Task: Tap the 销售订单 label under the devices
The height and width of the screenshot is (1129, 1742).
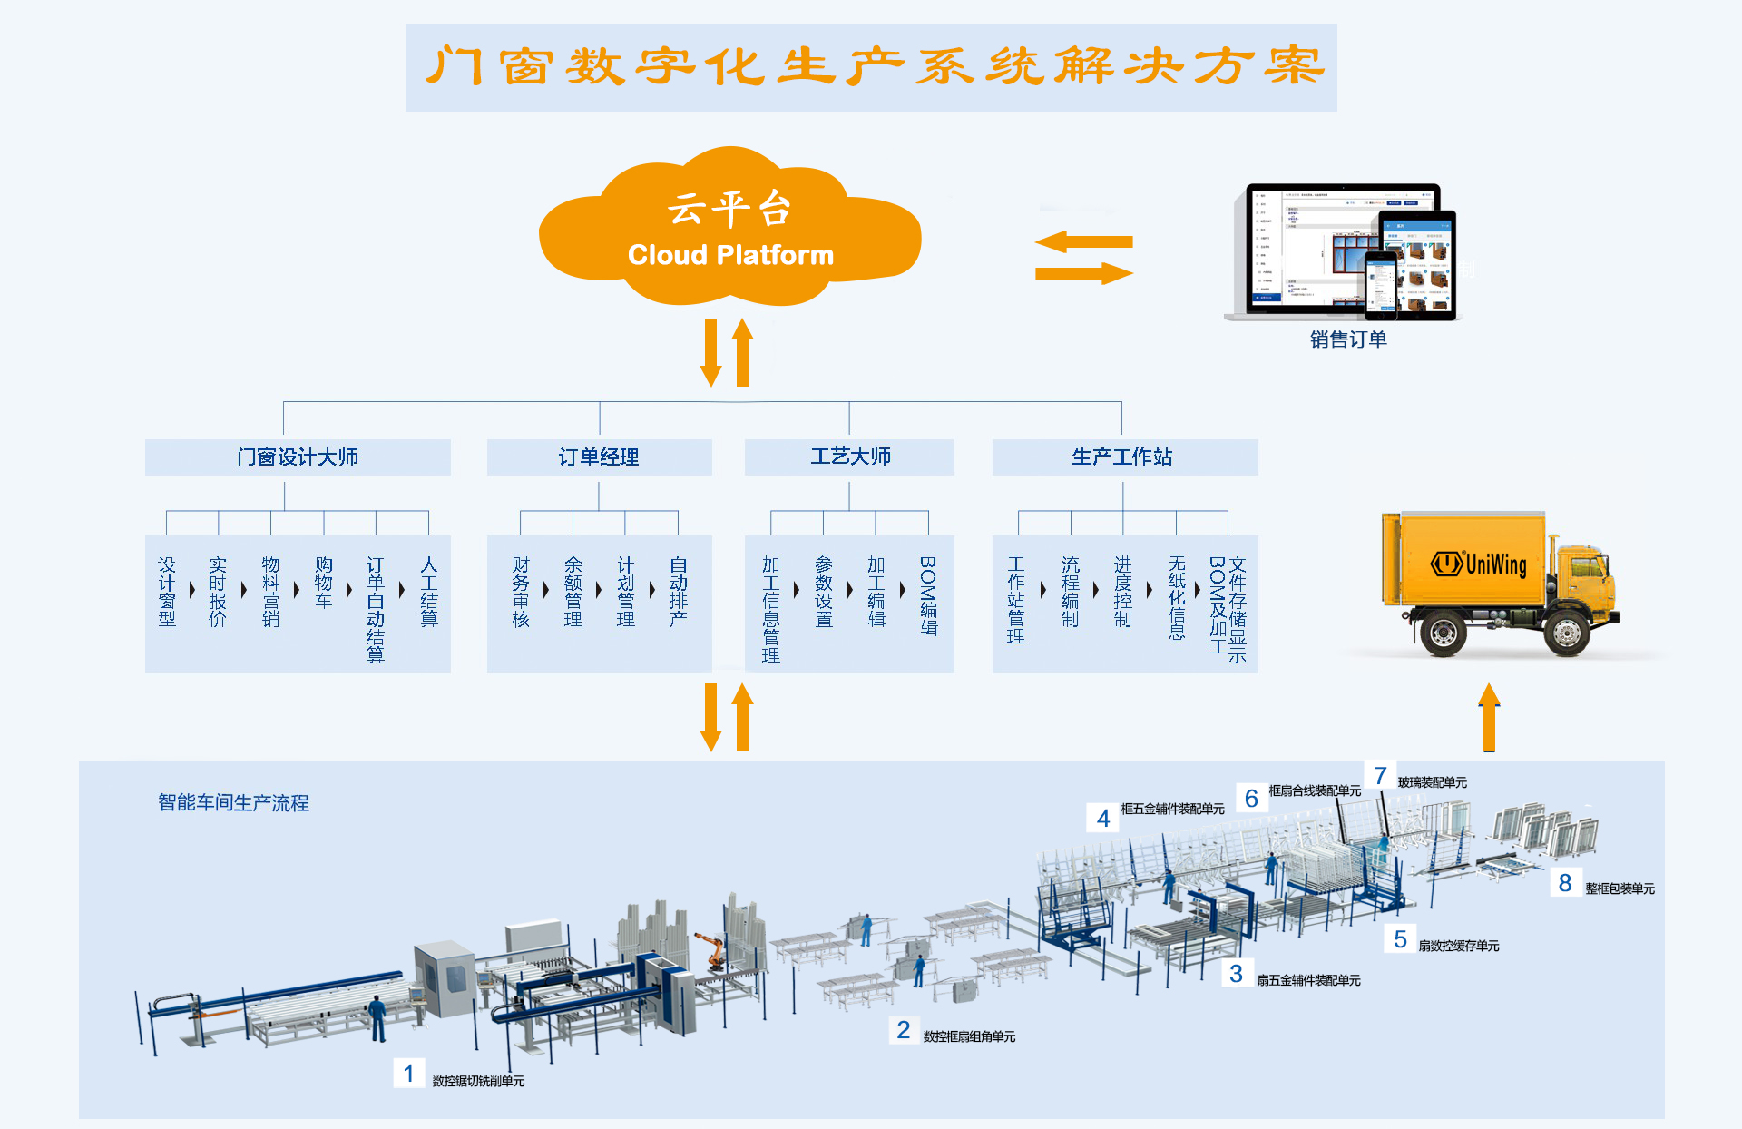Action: point(1348,339)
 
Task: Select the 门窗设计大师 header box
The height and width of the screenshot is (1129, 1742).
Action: point(298,457)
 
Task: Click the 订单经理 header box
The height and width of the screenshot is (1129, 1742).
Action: point(599,457)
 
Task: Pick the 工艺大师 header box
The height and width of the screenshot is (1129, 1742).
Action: point(849,457)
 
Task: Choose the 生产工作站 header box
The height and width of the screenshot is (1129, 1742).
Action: point(1124,457)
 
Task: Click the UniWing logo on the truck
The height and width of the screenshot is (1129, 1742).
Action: point(1480,564)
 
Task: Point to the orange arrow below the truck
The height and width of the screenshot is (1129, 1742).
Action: point(1489,717)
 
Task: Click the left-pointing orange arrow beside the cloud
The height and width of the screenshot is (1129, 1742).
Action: point(1083,242)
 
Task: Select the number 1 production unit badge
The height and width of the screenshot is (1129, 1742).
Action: point(408,1074)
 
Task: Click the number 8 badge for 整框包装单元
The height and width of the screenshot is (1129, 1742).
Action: point(1565,883)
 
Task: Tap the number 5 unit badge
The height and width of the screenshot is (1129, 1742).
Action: point(1400,939)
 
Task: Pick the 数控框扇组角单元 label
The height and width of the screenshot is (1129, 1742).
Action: point(969,1036)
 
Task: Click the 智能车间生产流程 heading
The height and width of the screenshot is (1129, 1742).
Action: point(233,803)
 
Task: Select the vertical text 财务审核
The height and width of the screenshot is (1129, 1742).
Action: point(520,592)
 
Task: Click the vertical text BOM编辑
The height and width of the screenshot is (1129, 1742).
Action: point(928,595)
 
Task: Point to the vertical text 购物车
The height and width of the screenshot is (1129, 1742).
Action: point(323,583)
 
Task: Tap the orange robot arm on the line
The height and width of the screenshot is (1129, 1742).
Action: point(713,948)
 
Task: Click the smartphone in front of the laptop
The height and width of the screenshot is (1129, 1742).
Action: point(1381,285)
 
